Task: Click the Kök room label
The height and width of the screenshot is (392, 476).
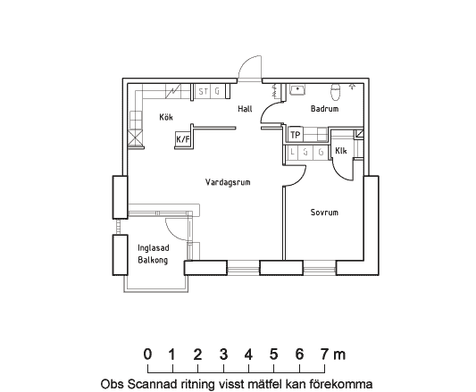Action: point(166,117)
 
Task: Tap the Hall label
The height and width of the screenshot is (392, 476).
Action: point(245,109)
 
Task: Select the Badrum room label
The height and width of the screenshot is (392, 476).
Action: point(324,108)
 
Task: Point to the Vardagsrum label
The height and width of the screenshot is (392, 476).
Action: point(228,182)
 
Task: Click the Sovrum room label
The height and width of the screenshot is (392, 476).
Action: point(324,212)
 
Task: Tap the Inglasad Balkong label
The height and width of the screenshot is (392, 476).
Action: point(154,254)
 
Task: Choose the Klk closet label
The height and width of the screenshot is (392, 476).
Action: point(341,151)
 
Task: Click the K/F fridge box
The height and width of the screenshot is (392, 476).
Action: point(183,139)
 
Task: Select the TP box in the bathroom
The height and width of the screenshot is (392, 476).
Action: point(295,135)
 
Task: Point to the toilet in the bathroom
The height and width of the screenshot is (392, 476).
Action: point(336,92)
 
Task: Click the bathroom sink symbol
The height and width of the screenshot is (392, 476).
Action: point(297,90)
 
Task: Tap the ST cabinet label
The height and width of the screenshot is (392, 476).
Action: point(204,91)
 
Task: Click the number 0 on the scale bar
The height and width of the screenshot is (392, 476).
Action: point(147,354)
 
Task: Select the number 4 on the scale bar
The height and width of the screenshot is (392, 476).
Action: point(248,354)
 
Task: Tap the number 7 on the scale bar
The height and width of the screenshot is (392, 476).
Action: point(324,354)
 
